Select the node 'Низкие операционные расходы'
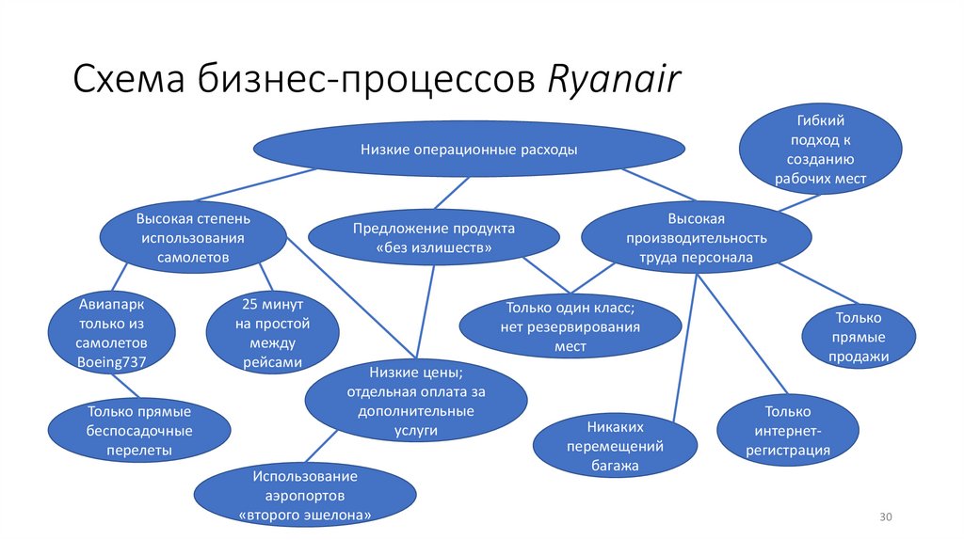click(x=468, y=150)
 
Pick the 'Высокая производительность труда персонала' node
click(x=696, y=238)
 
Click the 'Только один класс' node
click(x=570, y=327)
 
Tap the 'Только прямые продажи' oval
click(x=859, y=337)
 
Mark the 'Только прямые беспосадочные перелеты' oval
click(x=138, y=431)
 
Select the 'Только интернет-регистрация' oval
click(x=788, y=431)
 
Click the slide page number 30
click(x=885, y=518)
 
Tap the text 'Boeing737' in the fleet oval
click(x=111, y=360)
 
